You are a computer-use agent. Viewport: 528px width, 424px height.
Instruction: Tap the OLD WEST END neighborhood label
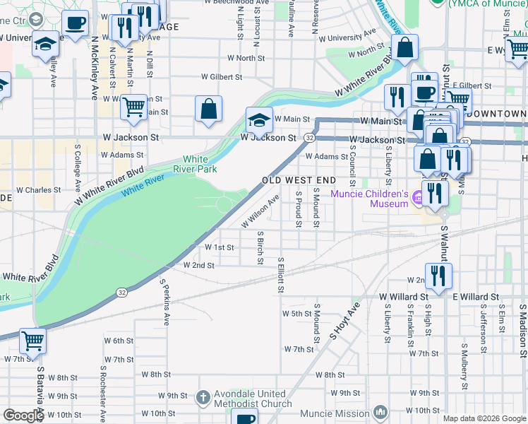click(x=299, y=180)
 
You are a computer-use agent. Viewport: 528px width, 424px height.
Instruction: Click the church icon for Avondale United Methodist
click(x=203, y=397)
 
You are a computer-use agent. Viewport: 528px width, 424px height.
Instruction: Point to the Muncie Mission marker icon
click(x=381, y=412)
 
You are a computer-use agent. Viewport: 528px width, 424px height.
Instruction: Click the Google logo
click(x=23, y=416)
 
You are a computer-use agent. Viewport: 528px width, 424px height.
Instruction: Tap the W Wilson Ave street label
click(x=260, y=211)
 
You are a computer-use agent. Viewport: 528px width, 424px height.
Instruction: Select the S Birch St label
click(x=260, y=247)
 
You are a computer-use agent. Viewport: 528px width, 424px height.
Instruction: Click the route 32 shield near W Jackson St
click(x=309, y=136)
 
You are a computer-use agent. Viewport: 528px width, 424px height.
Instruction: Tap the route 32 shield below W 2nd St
click(x=123, y=292)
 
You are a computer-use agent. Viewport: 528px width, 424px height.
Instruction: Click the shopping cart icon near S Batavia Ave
click(x=32, y=340)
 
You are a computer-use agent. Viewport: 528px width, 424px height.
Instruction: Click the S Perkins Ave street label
click(x=165, y=303)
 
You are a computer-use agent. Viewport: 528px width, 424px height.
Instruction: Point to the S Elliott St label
click(x=281, y=275)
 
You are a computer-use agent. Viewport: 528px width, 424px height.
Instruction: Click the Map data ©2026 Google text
click(x=484, y=418)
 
